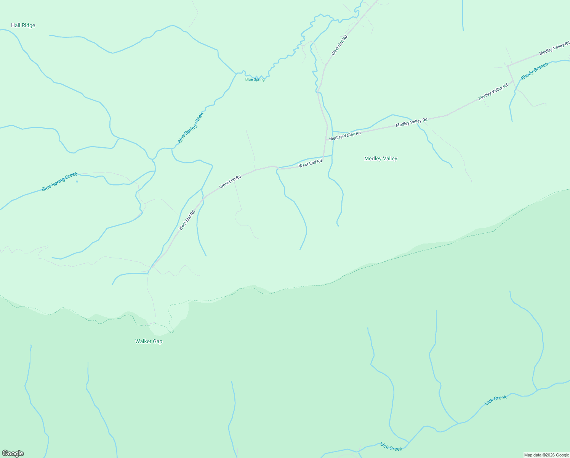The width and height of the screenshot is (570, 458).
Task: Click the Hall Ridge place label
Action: pos(23,26)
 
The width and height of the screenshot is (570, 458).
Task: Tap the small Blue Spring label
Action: pos(255,79)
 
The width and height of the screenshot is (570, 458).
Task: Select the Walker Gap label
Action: pos(149,341)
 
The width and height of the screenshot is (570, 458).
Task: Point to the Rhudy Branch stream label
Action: pos(534,71)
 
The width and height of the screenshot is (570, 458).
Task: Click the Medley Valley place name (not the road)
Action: pos(381,159)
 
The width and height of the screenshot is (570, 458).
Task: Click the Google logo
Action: pos(13,453)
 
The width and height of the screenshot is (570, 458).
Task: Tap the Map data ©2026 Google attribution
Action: pos(546,455)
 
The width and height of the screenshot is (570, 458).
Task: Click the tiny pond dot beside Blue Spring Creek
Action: pos(77,181)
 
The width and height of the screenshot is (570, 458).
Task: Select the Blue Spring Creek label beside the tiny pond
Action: pos(59,182)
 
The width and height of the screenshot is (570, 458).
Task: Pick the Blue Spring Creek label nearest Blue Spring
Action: pos(191,128)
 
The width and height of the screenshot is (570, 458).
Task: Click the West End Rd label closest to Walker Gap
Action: pos(187,220)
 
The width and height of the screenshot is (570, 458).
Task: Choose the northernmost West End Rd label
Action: pos(339,45)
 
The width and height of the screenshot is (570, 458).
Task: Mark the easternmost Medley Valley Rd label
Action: pos(554,48)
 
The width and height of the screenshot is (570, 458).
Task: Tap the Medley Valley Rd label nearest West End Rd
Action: pos(345,135)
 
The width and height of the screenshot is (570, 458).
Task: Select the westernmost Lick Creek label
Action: pos(391,446)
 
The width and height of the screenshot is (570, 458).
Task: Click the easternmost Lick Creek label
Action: pos(495,400)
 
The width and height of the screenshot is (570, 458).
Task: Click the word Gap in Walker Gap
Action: pos(157,341)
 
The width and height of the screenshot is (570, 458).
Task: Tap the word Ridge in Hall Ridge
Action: pos(29,26)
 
